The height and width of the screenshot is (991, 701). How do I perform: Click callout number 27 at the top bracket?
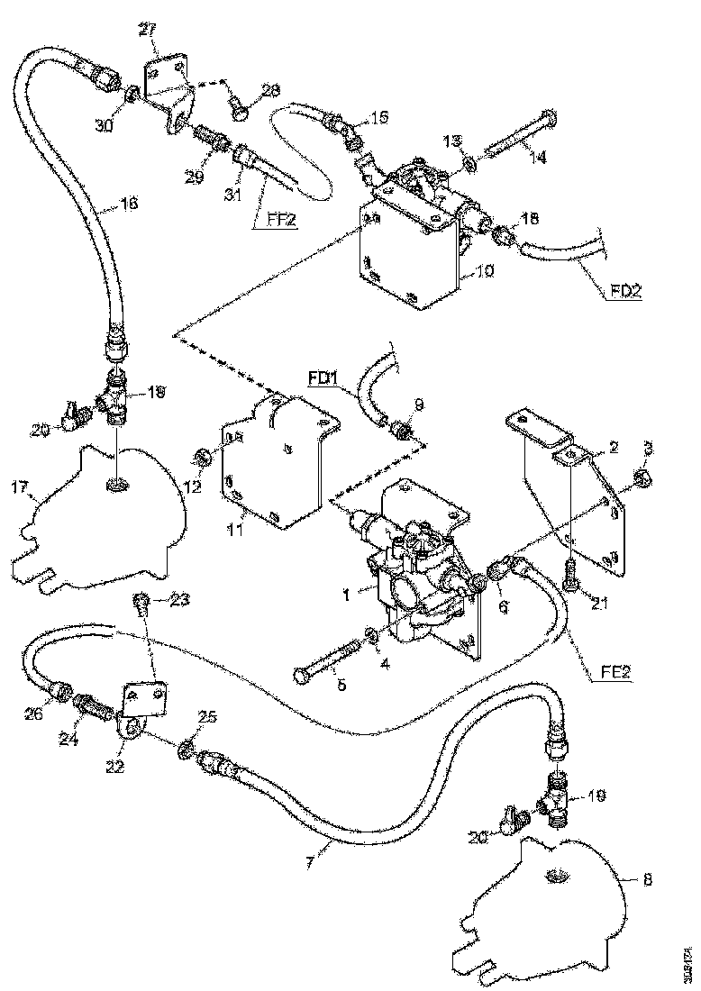pyautogui.click(x=147, y=31)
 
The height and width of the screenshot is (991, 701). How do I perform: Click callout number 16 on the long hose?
pyautogui.click(x=128, y=205)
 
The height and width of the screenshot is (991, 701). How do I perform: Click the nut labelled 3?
pyautogui.click(x=641, y=476)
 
